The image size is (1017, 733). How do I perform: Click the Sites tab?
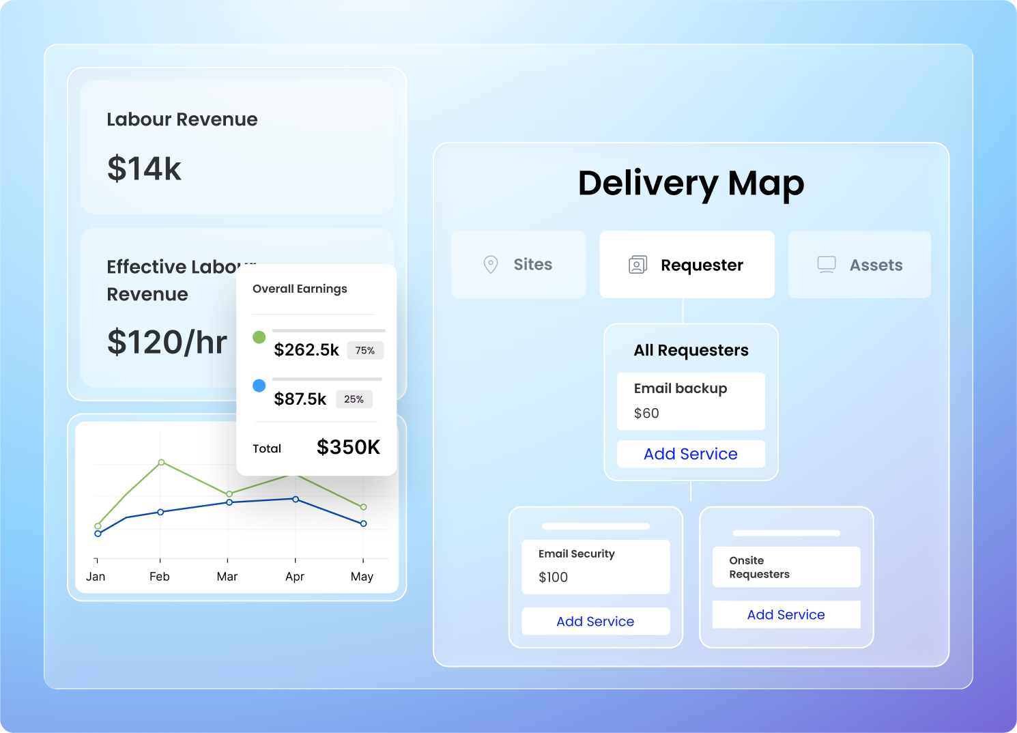pyautogui.click(x=519, y=264)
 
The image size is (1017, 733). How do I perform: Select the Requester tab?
pyautogui.click(x=687, y=265)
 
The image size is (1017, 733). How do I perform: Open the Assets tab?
pyautogui.click(x=859, y=265)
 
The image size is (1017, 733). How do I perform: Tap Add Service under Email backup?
pyautogui.click(x=691, y=454)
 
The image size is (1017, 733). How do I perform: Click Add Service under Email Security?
pyautogui.click(x=595, y=621)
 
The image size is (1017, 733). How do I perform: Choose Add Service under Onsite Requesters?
pyautogui.click(x=786, y=614)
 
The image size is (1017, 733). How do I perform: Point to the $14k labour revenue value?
pyautogui.click(x=144, y=169)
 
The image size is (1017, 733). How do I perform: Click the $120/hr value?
pyautogui.click(x=167, y=342)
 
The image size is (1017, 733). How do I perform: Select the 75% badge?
pyautogui.click(x=365, y=350)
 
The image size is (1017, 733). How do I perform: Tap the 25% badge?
pyautogui.click(x=354, y=399)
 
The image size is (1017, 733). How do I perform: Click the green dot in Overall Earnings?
pyautogui.click(x=259, y=337)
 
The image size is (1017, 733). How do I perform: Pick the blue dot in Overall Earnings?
pyautogui.click(x=259, y=386)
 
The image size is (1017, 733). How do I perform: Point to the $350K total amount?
pyautogui.click(x=348, y=447)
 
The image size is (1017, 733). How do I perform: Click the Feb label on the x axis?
pyautogui.click(x=160, y=577)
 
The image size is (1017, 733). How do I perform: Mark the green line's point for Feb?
pyautogui.click(x=161, y=462)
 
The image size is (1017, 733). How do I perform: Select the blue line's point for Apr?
pyautogui.click(x=296, y=499)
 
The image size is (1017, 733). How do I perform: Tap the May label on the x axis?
pyautogui.click(x=362, y=577)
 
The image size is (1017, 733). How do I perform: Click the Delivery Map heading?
pyautogui.click(x=691, y=183)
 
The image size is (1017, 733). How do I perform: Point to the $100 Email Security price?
pyautogui.click(x=553, y=577)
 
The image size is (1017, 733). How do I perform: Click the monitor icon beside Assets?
pyautogui.click(x=827, y=265)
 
